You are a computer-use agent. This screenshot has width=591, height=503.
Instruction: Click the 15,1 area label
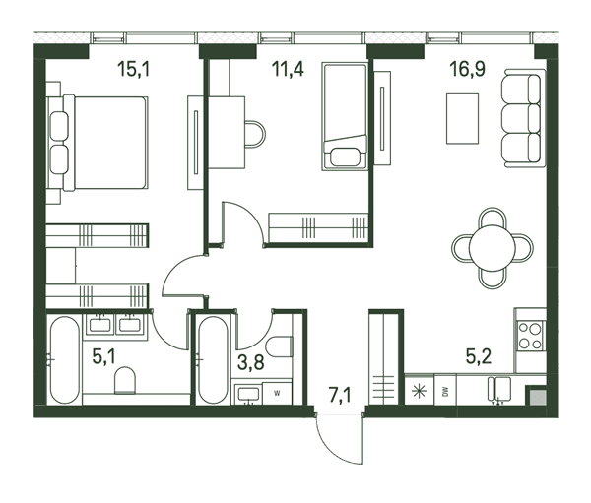coord(133,69)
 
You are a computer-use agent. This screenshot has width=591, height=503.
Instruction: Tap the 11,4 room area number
coord(288,69)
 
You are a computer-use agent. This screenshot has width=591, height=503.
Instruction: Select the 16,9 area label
coord(467,69)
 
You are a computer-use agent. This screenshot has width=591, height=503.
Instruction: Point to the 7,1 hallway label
coord(340,396)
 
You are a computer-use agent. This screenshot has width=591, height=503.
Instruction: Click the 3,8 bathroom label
coord(250,363)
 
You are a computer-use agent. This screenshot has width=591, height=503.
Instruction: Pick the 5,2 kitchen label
coord(479,356)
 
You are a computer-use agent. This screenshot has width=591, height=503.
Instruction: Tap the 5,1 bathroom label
coord(103,356)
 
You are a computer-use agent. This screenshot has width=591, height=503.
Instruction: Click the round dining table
coord(492,248)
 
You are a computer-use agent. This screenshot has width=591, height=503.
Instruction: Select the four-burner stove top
coord(531,336)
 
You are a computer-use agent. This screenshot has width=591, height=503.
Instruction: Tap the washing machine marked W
coord(277,394)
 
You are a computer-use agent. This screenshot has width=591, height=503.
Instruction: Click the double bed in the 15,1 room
coord(98,143)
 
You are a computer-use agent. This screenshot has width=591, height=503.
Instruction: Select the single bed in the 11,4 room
coord(344,116)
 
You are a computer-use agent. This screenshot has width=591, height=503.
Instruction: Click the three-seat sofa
coord(523,118)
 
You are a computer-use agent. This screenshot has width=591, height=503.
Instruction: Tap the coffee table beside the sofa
coord(462,118)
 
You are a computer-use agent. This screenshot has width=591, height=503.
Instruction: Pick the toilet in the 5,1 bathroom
coord(125,380)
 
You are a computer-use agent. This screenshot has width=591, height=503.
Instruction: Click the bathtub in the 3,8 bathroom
coord(213,360)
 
